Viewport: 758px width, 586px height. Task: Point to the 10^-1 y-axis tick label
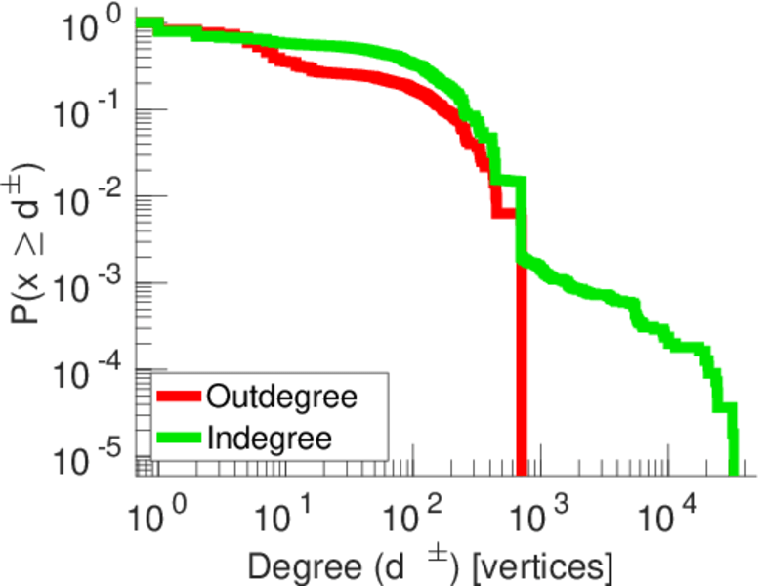[x=89, y=110]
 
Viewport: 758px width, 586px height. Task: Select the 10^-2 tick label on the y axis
[x=89, y=196]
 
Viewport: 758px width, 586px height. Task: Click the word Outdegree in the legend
[x=282, y=398]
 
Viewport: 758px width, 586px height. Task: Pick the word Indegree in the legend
[x=271, y=437]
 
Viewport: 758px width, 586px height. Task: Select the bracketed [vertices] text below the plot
[x=541, y=565]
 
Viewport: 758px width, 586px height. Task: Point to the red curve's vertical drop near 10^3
[x=522, y=371]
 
